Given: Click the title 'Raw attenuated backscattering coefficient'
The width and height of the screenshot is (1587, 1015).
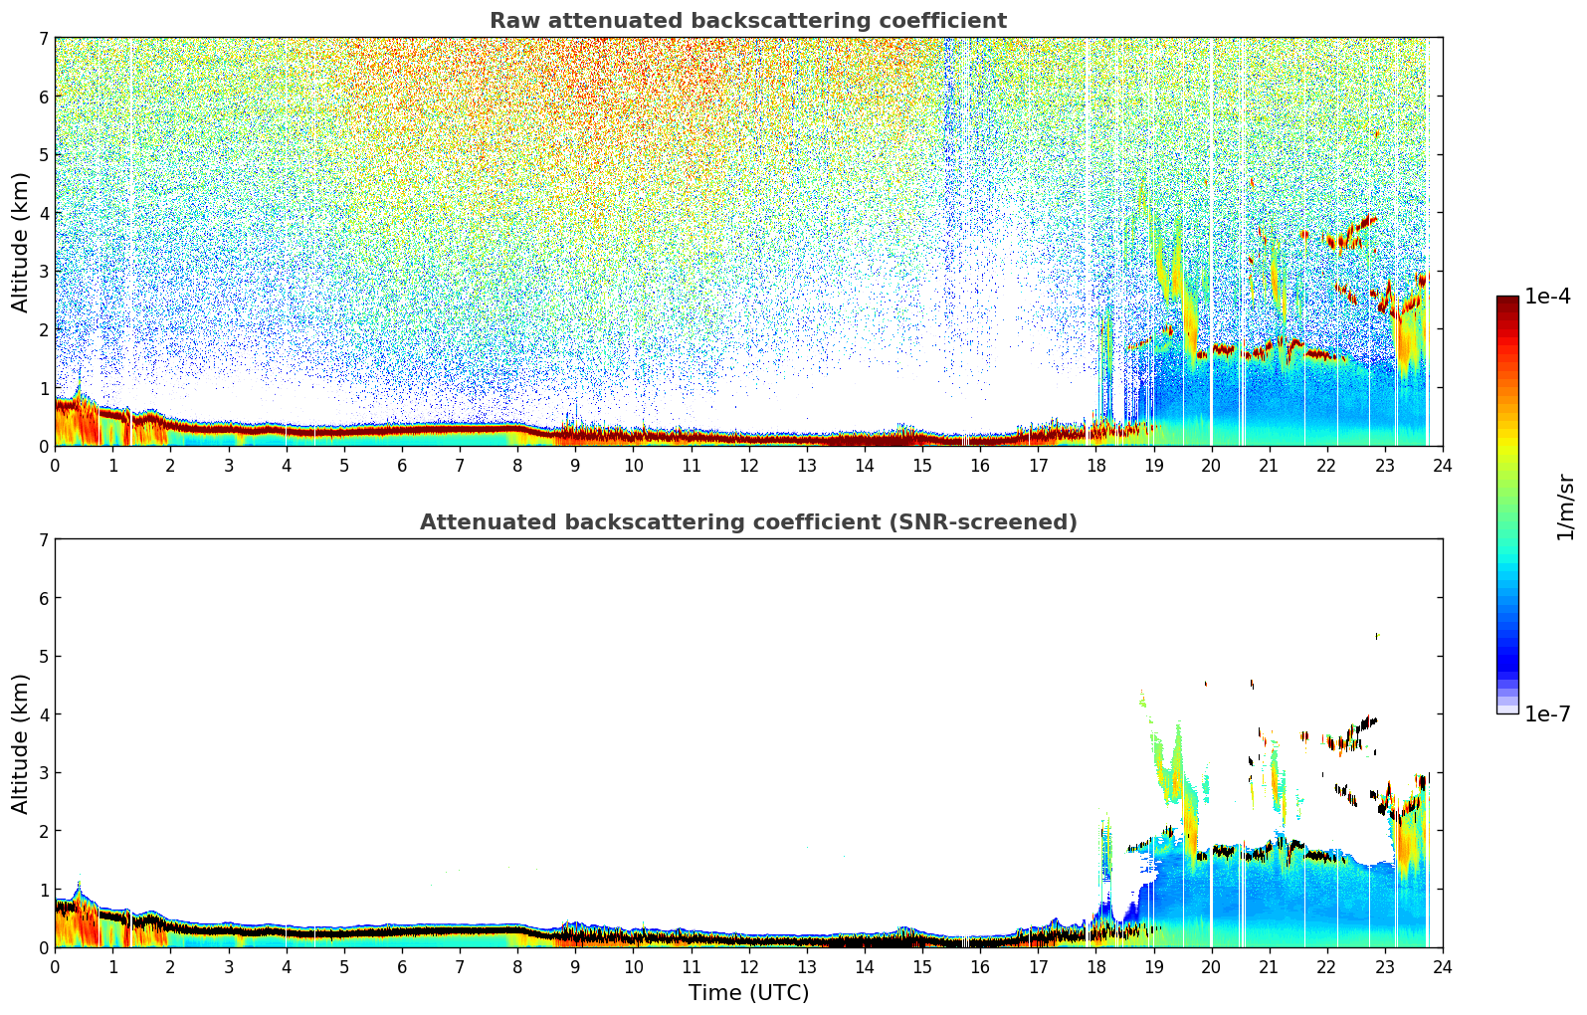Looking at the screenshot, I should point(747,21).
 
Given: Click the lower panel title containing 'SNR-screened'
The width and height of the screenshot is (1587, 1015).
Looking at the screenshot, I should point(747,522).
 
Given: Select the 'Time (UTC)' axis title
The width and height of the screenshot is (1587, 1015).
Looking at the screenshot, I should point(748,993).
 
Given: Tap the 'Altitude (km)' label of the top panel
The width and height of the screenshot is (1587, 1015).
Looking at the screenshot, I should point(21,242).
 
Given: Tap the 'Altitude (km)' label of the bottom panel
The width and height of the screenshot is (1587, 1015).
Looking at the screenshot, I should point(21,743).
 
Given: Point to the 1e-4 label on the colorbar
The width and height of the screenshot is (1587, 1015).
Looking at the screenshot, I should point(1547,297).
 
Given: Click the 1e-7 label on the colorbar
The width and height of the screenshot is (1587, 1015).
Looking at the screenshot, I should point(1547,713).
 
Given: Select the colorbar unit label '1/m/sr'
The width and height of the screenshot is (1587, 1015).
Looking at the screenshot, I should point(1565,507).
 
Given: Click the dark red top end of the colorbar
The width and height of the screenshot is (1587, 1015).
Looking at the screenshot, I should point(1506,302).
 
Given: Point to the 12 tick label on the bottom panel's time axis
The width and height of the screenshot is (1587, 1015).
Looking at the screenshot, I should point(748,967).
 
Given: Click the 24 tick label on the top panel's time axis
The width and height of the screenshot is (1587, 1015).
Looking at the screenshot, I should point(1442,466).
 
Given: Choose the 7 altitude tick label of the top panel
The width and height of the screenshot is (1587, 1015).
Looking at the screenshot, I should point(44,38).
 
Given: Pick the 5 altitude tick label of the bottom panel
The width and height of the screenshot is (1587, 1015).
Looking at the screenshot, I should point(44,656).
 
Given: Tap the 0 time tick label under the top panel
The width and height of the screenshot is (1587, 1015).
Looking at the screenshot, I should point(55,466).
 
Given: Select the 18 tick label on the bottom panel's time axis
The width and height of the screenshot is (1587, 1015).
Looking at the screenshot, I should point(1095,967).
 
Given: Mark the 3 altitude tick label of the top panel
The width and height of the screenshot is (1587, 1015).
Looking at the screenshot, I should point(44,272).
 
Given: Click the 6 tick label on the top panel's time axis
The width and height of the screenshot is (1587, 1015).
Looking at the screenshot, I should point(402,466).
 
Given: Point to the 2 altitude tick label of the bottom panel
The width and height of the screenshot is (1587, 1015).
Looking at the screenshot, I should point(44,831).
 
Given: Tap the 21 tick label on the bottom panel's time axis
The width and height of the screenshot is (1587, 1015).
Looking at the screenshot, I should point(1269,967).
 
